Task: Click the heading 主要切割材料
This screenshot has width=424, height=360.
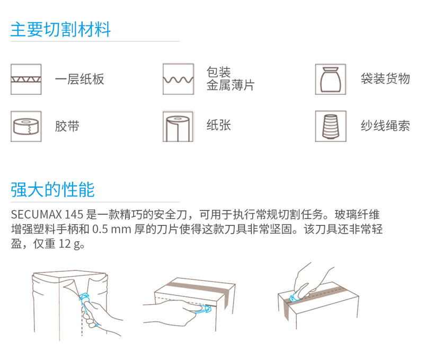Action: (60, 29)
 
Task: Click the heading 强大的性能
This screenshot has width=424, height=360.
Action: (52, 189)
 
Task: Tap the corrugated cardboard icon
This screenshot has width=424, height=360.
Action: (26, 79)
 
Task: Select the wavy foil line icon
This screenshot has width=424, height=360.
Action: (178, 79)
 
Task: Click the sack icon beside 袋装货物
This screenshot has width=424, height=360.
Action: (330, 79)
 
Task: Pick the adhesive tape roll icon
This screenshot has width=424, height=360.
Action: (26, 126)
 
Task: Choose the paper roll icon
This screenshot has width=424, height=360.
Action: (178, 126)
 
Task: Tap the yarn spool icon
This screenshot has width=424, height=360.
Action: (330, 126)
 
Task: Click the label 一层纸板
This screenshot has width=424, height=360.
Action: (79, 79)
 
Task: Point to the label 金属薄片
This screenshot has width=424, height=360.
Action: (231, 85)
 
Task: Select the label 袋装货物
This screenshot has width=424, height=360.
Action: (385, 78)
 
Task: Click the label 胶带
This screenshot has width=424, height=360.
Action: (67, 126)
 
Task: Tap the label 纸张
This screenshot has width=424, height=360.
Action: (219, 125)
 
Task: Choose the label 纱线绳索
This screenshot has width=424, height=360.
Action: (385, 126)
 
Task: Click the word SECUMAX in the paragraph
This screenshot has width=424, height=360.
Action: (37, 215)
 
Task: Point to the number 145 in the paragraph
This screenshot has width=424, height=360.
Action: (74, 215)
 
